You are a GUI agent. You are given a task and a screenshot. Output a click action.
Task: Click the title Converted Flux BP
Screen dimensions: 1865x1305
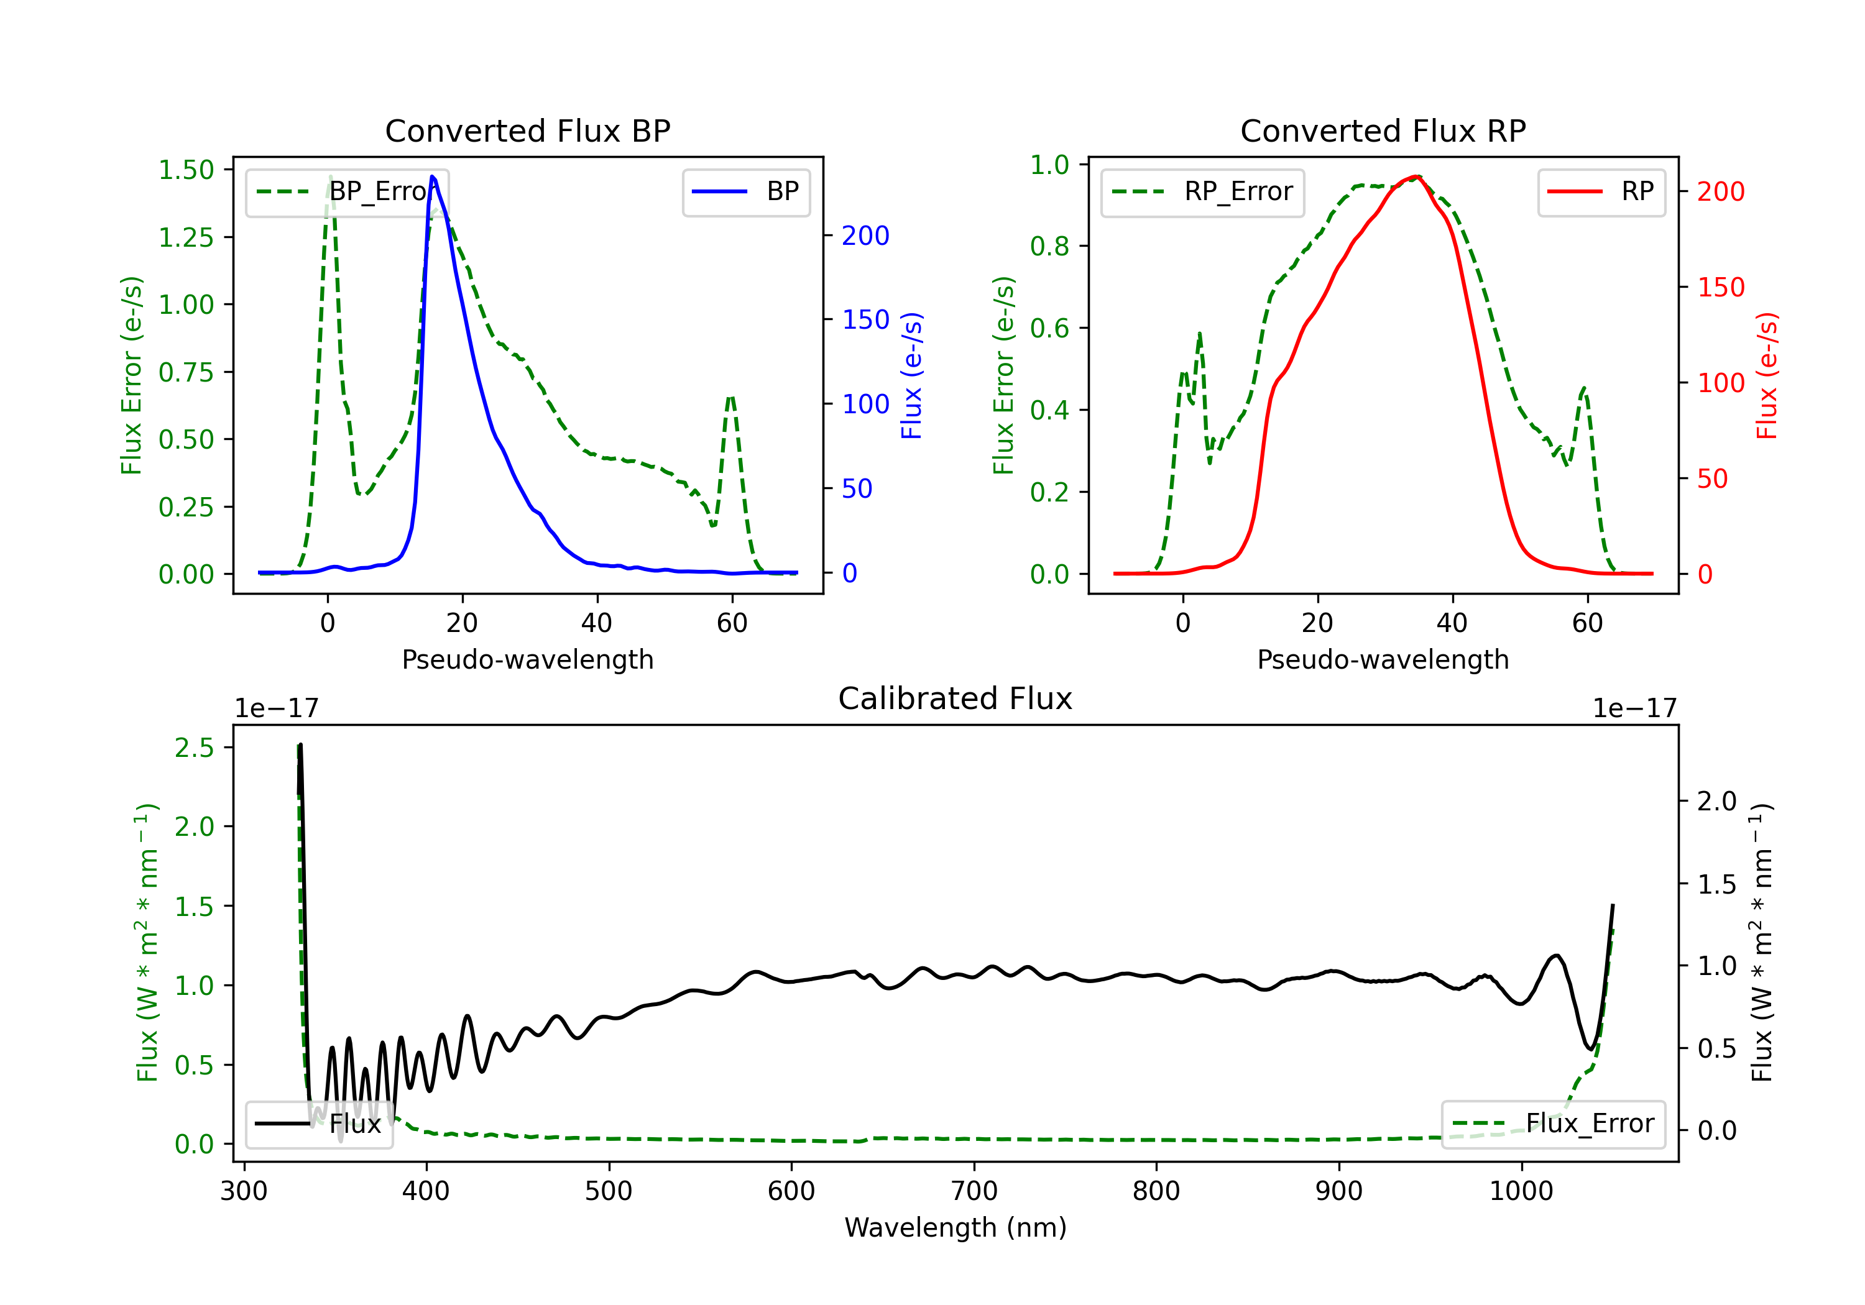(x=527, y=130)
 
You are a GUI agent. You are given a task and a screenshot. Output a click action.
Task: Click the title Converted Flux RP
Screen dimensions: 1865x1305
(x=1383, y=130)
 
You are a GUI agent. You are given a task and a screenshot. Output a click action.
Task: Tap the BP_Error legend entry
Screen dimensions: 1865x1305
(x=347, y=191)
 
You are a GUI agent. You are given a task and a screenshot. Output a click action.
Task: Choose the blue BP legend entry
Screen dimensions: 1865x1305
(x=745, y=191)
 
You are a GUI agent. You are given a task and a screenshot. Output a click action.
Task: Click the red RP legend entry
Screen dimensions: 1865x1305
(x=1601, y=191)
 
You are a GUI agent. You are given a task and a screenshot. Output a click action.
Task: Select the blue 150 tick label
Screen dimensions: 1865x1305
(x=866, y=320)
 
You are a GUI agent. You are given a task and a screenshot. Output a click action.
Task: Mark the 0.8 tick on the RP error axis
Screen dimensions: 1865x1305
(x=1049, y=246)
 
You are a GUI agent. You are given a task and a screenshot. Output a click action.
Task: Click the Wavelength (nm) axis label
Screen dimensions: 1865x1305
(x=956, y=1227)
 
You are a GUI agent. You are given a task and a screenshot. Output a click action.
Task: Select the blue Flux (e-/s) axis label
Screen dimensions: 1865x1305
(x=911, y=375)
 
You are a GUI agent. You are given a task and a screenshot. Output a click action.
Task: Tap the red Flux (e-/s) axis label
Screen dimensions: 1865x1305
(x=1767, y=375)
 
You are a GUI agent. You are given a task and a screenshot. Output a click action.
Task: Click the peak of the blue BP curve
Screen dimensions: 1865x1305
(x=432, y=176)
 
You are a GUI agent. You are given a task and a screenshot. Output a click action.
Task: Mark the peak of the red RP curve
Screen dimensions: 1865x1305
(x=1416, y=176)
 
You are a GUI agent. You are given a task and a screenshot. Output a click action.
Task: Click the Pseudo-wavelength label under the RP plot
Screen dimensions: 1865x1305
(x=1383, y=659)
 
